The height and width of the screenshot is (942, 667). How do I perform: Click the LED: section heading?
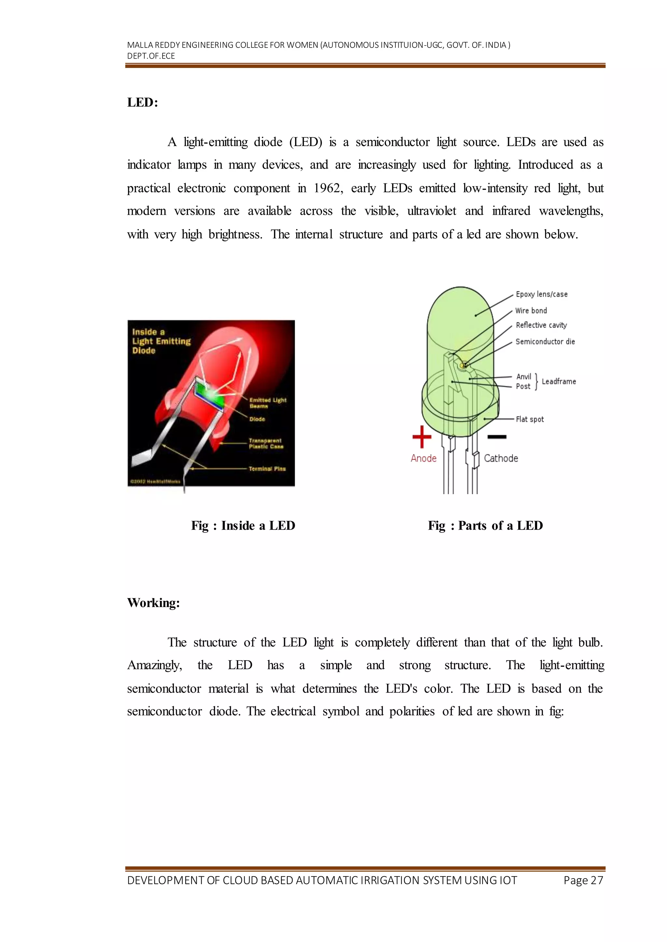(x=143, y=102)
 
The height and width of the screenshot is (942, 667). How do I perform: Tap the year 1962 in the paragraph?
(x=328, y=188)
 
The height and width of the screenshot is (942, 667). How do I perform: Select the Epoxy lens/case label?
(x=541, y=294)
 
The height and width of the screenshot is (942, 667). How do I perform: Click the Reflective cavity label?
(x=541, y=325)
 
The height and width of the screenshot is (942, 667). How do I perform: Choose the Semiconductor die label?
(x=545, y=341)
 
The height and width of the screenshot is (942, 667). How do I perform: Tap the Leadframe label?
(x=559, y=382)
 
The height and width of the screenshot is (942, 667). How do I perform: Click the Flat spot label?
(x=530, y=419)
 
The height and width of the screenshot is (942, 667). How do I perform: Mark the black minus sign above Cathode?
(x=497, y=437)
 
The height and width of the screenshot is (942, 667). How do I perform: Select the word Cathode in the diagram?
(x=501, y=458)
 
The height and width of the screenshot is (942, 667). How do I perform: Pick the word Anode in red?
(x=423, y=458)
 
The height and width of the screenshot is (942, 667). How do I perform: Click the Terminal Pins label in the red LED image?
(x=267, y=468)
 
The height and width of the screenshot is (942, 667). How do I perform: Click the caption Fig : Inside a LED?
(x=243, y=526)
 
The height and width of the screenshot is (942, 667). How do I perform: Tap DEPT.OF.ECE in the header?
(x=151, y=56)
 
